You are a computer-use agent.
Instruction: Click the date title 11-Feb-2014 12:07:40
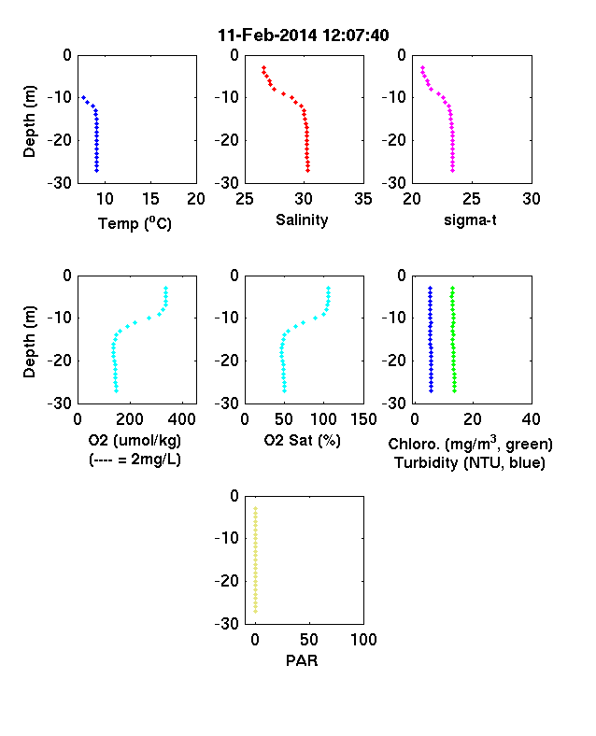coord(304,35)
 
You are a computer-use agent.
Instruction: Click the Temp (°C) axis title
coord(135,223)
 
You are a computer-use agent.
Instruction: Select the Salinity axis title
coord(302,219)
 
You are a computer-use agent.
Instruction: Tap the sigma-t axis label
coord(470,220)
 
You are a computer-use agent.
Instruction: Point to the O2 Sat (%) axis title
coord(302,440)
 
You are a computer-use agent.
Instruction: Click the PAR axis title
coord(302,660)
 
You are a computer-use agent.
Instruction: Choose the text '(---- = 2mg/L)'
coord(135,459)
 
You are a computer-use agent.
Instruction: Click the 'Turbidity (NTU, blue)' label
coord(470,463)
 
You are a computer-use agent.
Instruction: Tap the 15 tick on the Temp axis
coord(150,199)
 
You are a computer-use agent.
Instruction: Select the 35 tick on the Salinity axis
coord(363,199)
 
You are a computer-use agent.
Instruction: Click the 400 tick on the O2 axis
coord(182,419)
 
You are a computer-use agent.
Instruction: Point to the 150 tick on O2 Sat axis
coord(363,419)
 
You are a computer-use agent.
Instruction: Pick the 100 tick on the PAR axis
coord(363,639)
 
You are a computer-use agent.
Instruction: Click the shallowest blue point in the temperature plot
coord(83,98)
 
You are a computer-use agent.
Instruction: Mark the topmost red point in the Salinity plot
coord(263,68)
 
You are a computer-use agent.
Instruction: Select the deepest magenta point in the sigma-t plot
coord(453,170)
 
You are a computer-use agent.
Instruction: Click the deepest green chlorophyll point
coord(454,390)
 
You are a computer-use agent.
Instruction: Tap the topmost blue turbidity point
coord(430,289)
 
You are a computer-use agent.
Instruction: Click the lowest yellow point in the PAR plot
coord(256,611)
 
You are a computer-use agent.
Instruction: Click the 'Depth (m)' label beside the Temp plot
coord(29,121)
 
